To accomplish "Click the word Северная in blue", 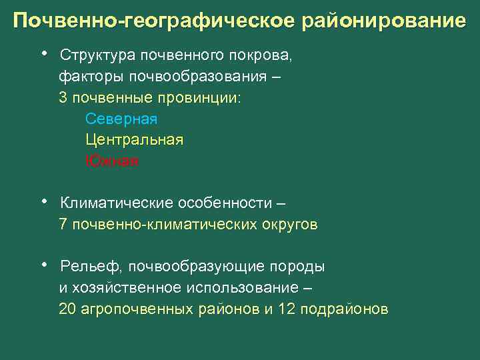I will (x=121, y=119).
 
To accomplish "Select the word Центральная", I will (x=134, y=140).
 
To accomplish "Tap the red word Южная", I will (x=112, y=161).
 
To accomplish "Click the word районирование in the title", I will (x=384, y=21).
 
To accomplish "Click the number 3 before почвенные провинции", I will (x=63, y=97).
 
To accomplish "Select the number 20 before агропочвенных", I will (x=67, y=309).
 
